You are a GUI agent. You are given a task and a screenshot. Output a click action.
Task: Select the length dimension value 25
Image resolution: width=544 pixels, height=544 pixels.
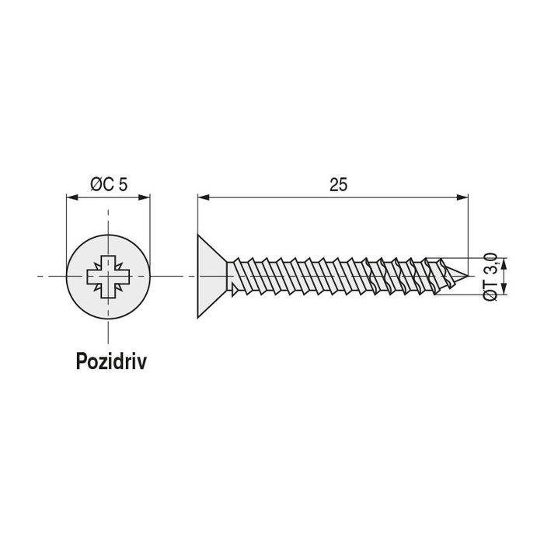pyautogui.click(x=337, y=184)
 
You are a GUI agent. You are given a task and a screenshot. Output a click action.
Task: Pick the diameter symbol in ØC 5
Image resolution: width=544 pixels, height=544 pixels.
pyautogui.click(x=95, y=184)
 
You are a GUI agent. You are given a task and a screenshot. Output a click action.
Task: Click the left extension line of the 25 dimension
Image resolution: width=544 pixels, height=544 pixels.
pyautogui.click(x=197, y=225)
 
